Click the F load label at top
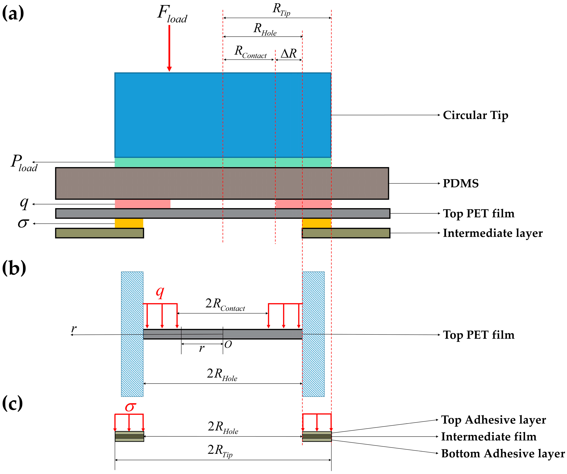pyautogui.click(x=172, y=14)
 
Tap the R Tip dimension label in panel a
pyautogui.click(x=281, y=10)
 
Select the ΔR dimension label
pyautogui.click(x=288, y=53)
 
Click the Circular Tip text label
pyautogui.click(x=475, y=115)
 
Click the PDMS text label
pyautogui.click(x=460, y=184)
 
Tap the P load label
pyautogui.click(x=24, y=163)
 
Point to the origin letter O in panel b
pyautogui.click(x=228, y=345)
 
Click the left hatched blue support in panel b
pyautogui.click(x=132, y=334)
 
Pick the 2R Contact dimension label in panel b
pyautogui.click(x=225, y=304)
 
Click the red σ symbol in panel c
pyautogui.click(x=130, y=407)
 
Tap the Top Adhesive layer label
pyautogui.click(x=493, y=420)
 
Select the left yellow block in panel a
pyautogui.click(x=129, y=223)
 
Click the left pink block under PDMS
pyautogui.click(x=143, y=204)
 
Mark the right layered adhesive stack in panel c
pyautogui.click(x=317, y=436)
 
